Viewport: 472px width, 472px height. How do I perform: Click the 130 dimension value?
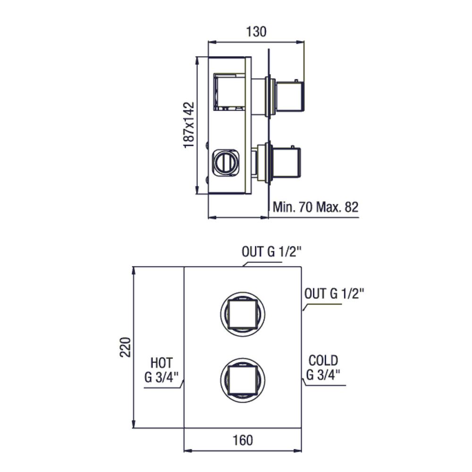pos(256,32)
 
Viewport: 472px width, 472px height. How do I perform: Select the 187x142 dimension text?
pos(189,125)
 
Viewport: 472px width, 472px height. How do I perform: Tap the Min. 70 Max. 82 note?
pos(315,207)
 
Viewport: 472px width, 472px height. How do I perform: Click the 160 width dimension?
pos(243,440)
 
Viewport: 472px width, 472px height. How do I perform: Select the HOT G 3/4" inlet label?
pos(161,370)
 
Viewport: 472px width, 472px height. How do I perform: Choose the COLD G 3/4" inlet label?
pos(323,368)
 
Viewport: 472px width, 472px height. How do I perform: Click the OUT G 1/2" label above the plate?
pos(271,252)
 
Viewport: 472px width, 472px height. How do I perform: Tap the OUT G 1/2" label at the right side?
pos(334,294)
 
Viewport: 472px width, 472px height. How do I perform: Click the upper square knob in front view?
pos(243,314)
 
